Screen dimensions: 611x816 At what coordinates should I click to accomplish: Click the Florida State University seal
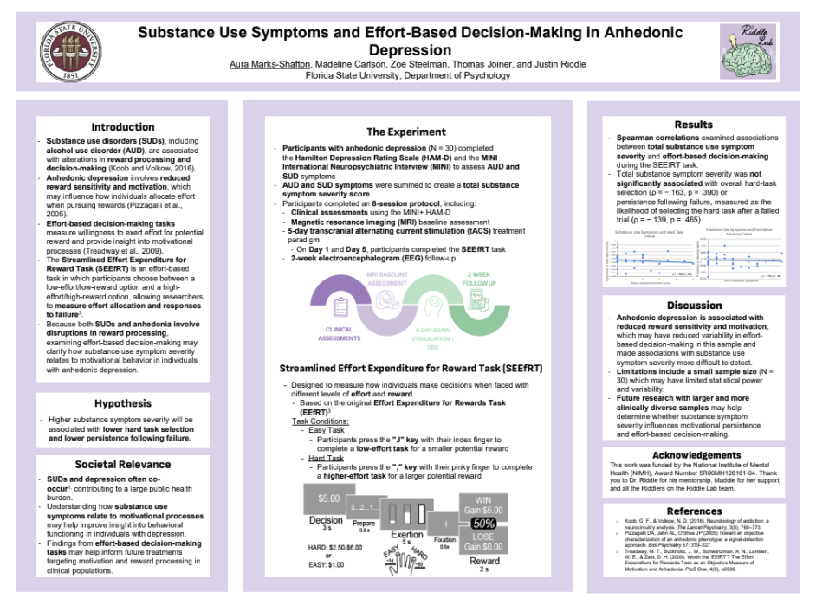(x=66, y=51)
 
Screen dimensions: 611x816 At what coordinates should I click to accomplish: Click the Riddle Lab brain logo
(x=749, y=51)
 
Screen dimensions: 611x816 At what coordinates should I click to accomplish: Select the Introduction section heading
(x=123, y=127)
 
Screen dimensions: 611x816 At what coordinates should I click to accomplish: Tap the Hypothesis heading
(x=123, y=403)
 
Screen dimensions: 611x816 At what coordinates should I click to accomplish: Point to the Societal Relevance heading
(x=123, y=464)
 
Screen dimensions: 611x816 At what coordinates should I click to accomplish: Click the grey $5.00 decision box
(x=328, y=499)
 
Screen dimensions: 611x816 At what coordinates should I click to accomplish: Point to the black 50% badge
(x=483, y=524)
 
